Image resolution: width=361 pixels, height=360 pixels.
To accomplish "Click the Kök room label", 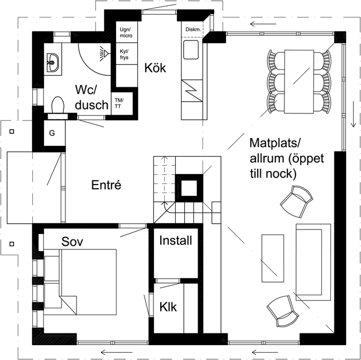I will [x=155, y=69].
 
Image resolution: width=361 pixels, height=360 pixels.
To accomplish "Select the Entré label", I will [x=107, y=185].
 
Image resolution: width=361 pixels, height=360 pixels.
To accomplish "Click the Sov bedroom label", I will [x=74, y=242].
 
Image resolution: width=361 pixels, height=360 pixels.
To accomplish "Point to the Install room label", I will [x=176, y=240].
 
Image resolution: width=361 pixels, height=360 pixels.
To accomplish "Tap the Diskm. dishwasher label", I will [x=193, y=30].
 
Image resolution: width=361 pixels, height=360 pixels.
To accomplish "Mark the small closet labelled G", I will [x=52, y=134].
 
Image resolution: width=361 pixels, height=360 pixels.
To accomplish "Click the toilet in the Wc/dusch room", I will [x=57, y=106].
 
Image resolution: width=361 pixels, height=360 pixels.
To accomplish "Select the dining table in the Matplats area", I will [x=299, y=81].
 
